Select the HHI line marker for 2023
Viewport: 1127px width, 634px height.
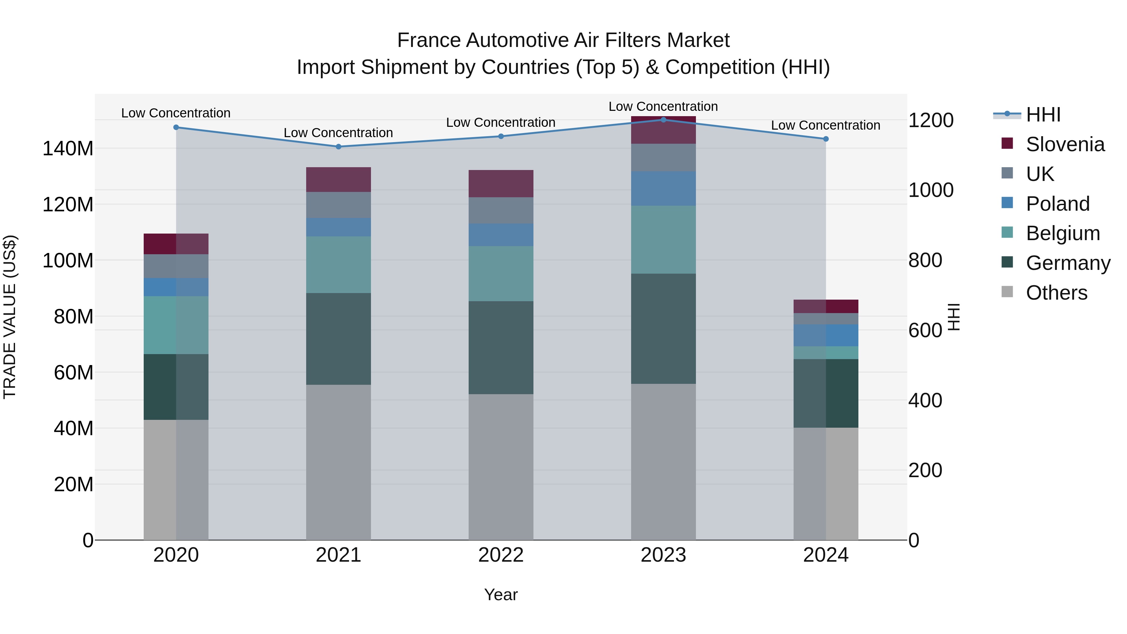(x=663, y=120)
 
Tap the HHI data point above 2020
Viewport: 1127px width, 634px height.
(x=176, y=127)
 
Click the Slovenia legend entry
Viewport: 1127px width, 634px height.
(x=1064, y=144)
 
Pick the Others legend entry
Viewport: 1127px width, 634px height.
(x=1056, y=293)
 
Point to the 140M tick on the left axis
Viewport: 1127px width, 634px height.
(x=68, y=149)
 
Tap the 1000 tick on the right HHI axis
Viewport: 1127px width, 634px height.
(x=931, y=190)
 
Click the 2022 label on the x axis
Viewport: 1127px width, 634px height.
(x=501, y=555)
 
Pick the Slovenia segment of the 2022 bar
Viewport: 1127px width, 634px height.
(x=501, y=183)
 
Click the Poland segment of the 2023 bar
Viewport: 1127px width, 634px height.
(x=663, y=188)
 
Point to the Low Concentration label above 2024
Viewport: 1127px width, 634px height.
(x=825, y=125)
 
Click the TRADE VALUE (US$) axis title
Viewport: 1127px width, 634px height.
(x=10, y=317)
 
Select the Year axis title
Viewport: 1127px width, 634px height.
(x=501, y=595)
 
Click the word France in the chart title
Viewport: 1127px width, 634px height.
(x=429, y=40)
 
